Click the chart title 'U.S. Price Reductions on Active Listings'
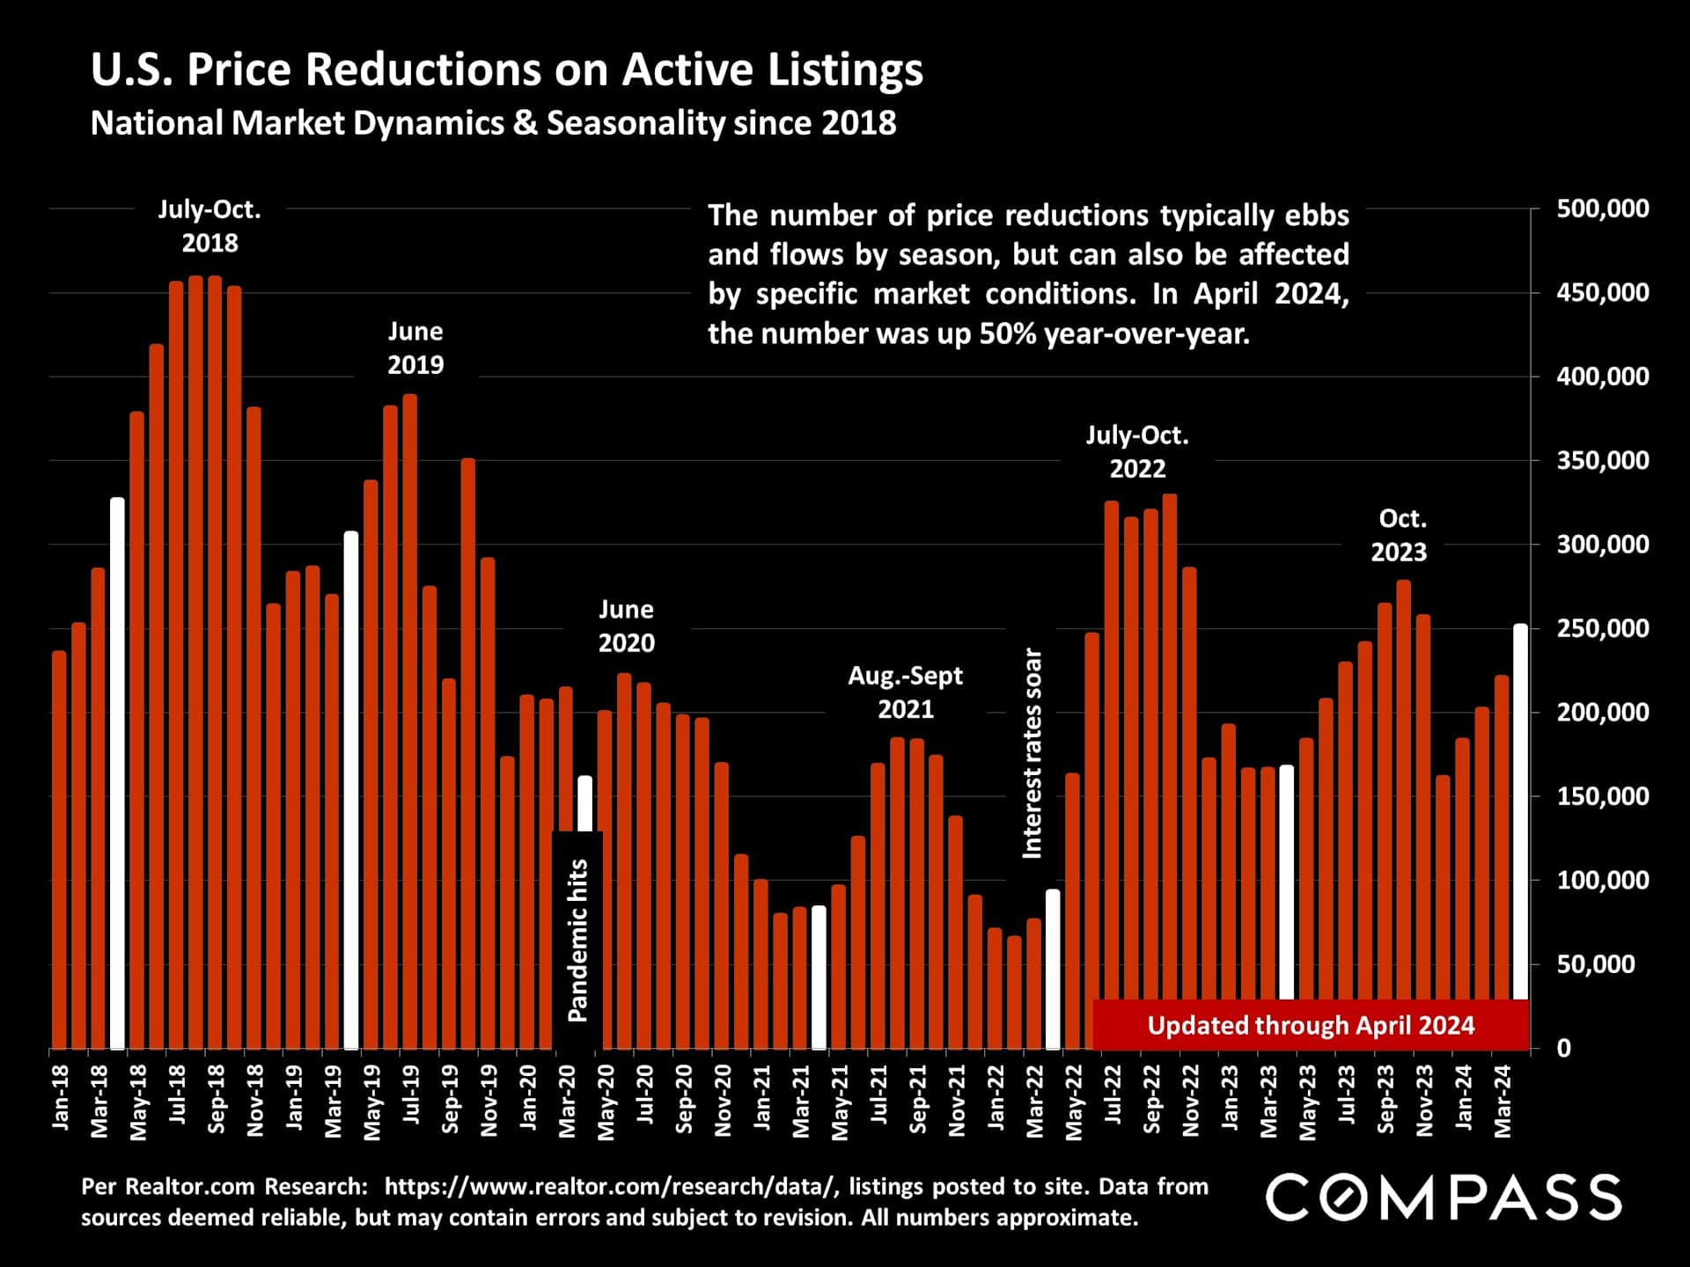tap(507, 70)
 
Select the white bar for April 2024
tap(1520, 809)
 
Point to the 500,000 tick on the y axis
tap(1602, 209)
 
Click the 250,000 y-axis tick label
tap(1602, 628)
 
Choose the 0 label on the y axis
tap(1563, 1048)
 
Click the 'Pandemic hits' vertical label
tap(577, 940)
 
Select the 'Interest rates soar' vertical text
tap(1032, 753)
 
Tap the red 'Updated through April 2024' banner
tap(1310, 1025)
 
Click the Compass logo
tap(1443, 1197)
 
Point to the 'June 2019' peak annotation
tap(415, 348)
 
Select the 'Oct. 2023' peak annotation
tap(1399, 535)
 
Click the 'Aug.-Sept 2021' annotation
tap(905, 692)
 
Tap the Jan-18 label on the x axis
tap(60, 1097)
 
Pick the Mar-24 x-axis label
tap(1503, 1101)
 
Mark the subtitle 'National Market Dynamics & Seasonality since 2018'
tap(493, 123)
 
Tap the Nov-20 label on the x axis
tap(723, 1101)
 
